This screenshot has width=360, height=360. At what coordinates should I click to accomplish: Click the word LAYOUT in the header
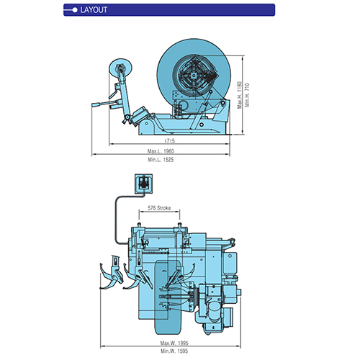[x=94, y=10]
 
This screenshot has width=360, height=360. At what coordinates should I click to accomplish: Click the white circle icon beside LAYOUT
[x=75, y=10]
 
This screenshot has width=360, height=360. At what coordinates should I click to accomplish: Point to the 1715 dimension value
[x=169, y=140]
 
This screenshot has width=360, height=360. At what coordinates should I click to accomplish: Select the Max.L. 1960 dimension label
[x=161, y=151]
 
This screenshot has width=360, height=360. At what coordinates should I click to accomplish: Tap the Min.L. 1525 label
[x=161, y=160]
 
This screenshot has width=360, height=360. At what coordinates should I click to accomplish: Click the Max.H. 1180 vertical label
[x=240, y=95]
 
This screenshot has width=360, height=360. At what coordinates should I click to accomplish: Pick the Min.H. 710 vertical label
[x=248, y=95]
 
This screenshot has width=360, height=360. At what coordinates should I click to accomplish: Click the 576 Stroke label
[x=159, y=208]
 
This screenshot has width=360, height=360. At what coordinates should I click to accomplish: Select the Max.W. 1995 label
[x=174, y=343]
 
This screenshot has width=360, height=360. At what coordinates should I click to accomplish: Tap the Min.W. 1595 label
[x=174, y=351]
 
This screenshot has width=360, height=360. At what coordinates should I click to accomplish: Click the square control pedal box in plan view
[x=143, y=184]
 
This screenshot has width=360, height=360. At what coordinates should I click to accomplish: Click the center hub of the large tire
[x=194, y=76]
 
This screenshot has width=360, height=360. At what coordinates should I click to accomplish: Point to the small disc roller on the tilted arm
[x=120, y=68]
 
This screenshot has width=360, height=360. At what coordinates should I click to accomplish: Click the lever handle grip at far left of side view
[x=96, y=105]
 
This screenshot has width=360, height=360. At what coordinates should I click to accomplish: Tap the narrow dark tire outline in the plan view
[x=167, y=297]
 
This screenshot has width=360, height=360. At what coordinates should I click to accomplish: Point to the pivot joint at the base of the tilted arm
[x=127, y=117]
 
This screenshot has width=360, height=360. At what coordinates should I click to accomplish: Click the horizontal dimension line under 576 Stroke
[x=159, y=212]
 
